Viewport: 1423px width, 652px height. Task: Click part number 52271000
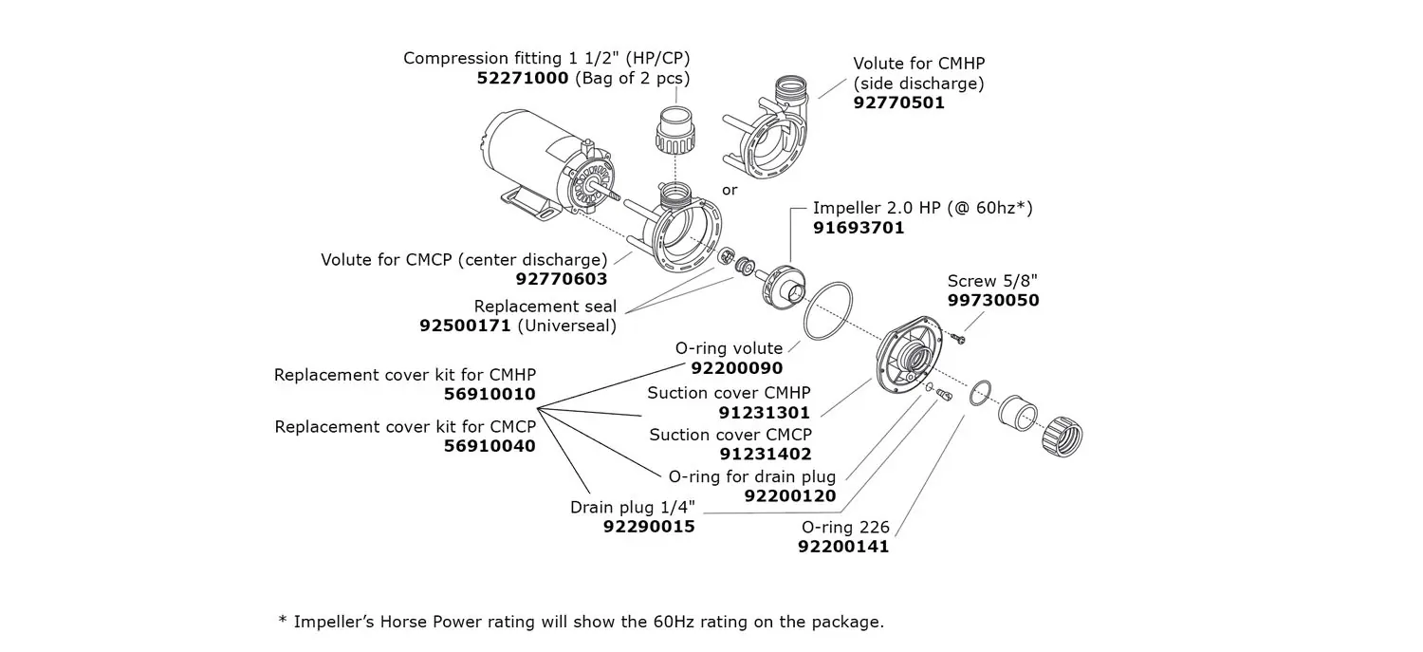click(x=522, y=79)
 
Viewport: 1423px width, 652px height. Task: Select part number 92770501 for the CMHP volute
click(x=898, y=103)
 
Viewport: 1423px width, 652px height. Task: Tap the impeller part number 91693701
click(x=859, y=228)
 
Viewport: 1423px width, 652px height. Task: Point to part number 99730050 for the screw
click(x=993, y=301)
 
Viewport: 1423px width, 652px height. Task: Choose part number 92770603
click(x=562, y=280)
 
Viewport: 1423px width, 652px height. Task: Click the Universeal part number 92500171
click(x=465, y=326)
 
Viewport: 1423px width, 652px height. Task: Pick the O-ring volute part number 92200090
click(x=737, y=368)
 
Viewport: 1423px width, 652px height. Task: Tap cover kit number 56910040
click(x=490, y=447)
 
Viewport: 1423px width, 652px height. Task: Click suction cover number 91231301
click(x=765, y=413)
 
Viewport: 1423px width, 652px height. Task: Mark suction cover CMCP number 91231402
click(x=765, y=455)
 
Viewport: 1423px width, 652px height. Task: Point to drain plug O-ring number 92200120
click(x=789, y=496)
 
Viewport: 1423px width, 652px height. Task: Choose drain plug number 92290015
click(x=649, y=527)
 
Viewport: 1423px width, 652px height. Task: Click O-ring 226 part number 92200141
click(x=843, y=548)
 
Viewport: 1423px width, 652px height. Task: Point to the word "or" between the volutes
click(x=730, y=191)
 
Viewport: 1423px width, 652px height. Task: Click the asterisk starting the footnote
click(x=283, y=622)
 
